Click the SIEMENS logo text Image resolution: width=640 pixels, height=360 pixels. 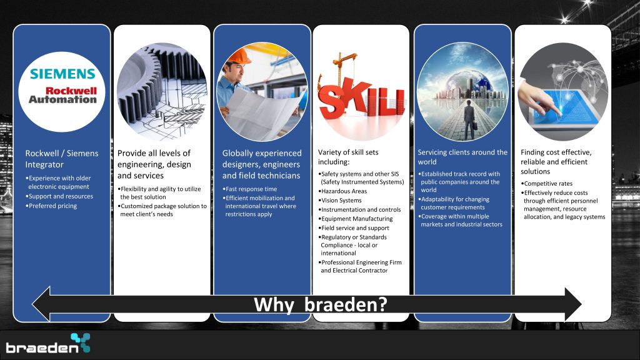(x=62, y=74)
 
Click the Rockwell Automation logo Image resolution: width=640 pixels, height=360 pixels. (x=63, y=95)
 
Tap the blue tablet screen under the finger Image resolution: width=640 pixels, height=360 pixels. (x=565, y=106)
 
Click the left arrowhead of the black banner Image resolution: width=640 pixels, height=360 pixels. (x=41, y=304)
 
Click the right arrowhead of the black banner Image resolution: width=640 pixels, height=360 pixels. (x=573, y=304)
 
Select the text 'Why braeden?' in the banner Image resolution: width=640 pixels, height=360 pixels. (x=321, y=305)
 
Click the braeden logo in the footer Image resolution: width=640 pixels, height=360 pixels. (x=47, y=343)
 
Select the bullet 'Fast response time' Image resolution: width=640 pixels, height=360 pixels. (x=250, y=189)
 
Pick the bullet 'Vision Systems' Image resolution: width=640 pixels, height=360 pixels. (x=340, y=201)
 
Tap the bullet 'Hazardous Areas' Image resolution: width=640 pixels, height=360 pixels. (x=342, y=191)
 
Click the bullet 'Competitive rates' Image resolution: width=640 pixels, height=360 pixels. (x=546, y=184)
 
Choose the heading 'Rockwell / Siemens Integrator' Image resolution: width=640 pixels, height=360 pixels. (x=62, y=159)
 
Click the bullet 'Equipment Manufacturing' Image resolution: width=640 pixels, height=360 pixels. (x=356, y=219)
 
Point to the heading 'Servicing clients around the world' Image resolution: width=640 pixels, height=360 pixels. (x=462, y=157)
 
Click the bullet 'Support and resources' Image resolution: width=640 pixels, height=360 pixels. (x=59, y=196)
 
